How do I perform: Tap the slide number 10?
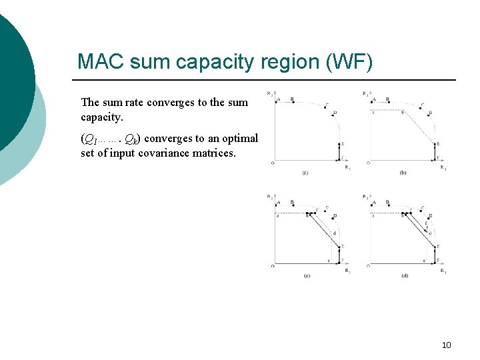click(446, 345)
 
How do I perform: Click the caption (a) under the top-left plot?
click(305, 173)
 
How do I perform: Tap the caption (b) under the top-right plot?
click(403, 173)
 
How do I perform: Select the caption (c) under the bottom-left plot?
click(306, 275)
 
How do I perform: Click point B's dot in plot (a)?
click(292, 102)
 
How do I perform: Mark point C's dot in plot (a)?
click(327, 109)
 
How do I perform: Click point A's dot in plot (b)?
click(373, 102)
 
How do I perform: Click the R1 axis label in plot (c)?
click(347, 271)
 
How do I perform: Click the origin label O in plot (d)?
click(369, 266)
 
